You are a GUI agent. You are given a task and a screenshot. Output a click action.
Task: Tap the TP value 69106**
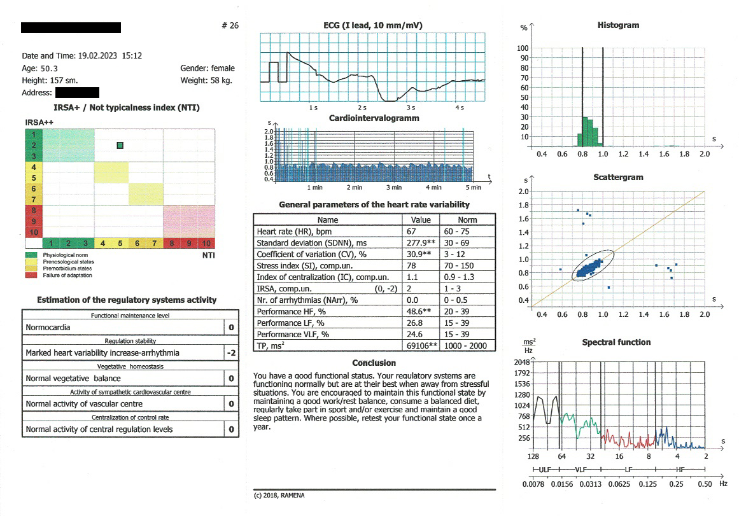pos(419,345)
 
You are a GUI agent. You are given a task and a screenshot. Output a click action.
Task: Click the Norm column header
pos(467,220)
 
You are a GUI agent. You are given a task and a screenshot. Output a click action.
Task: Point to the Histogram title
pos(618,25)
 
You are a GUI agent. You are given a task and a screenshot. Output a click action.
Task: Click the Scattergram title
pos(621,178)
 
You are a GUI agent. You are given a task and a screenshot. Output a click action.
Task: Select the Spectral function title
pos(616,342)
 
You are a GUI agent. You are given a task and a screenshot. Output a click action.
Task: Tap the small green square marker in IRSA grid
pos(120,146)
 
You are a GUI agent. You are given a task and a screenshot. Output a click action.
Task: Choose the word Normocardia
pos(48,328)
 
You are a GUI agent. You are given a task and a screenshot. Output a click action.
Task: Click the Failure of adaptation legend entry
pos(67,275)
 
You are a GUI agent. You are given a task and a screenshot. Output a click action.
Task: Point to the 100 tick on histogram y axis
pos(523,48)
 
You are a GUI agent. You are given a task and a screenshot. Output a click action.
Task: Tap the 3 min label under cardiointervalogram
pos(394,188)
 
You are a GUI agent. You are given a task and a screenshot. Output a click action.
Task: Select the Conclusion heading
pos(374,363)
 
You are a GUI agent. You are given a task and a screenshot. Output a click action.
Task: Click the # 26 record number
pos(229,26)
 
